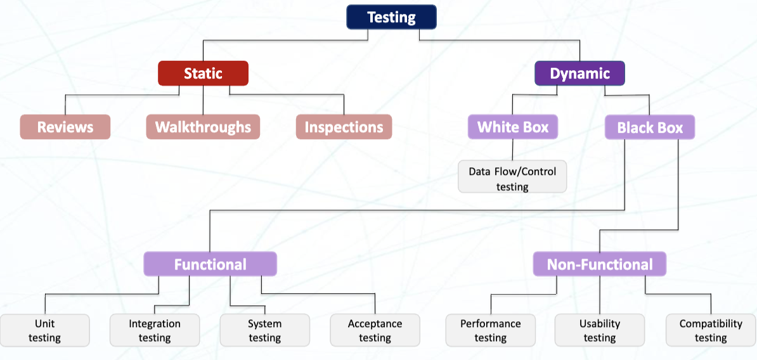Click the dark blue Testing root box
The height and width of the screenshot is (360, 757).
(391, 17)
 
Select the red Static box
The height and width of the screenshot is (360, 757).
(203, 74)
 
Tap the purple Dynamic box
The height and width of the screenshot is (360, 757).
(579, 74)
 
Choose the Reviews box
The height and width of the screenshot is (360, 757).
(65, 127)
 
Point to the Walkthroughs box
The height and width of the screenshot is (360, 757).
(203, 127)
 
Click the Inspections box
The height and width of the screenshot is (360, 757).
(344, 127)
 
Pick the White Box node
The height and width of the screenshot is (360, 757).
(512, 127)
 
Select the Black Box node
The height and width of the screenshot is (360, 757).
(650, 127)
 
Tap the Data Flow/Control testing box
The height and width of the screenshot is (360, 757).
(512, 178)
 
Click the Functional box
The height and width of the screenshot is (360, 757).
(210, 264)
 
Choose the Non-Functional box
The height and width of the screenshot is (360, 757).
(599, 264)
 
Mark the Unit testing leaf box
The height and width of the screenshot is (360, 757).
(44, 330)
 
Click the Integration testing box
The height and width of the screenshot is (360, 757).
(155, 330)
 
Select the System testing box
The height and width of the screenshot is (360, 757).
(265, 330)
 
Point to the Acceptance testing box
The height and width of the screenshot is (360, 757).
(375, 330)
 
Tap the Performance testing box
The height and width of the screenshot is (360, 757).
(490, 330)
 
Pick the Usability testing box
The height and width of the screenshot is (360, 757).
(599, 330)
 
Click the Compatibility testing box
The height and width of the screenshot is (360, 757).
(710, 330)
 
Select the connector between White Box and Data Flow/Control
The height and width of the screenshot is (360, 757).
(512, 150)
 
